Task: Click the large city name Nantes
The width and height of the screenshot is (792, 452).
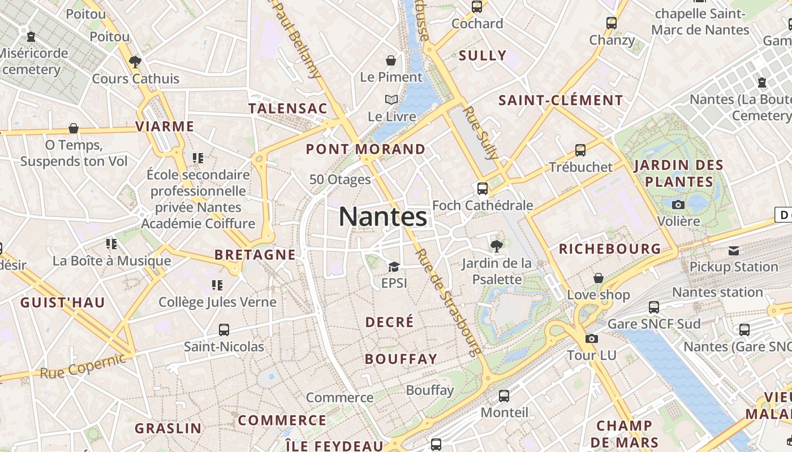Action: point(383,217)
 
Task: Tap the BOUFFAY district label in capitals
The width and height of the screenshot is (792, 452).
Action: point(401,359)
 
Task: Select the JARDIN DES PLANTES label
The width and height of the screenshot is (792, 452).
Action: point(679,173)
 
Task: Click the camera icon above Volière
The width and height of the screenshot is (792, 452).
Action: point(678,205)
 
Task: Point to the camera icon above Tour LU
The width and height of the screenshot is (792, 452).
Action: point(591,339)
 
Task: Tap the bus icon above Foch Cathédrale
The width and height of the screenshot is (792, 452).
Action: point(483,189)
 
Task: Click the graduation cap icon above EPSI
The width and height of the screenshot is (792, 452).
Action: point(394,267)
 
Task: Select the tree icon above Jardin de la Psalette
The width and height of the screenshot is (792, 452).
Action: point(497,246)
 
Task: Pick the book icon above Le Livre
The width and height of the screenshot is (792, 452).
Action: point(391,100)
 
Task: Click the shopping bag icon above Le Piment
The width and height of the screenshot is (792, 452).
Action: point(391,60)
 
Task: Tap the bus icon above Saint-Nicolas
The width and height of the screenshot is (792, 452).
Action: point(224,330)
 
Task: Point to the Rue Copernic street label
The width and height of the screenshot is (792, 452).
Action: point(83,366)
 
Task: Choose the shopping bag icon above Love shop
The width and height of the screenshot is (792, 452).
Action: point(599,278)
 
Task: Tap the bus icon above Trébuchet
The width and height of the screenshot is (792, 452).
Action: point(580,150)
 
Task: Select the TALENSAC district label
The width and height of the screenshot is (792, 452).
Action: point(288,108)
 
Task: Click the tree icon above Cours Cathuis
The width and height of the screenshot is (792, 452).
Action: point(135,62)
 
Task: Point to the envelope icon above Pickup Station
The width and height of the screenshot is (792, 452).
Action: point(734,250)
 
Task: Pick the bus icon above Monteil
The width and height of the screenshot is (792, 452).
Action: point(504,396)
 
